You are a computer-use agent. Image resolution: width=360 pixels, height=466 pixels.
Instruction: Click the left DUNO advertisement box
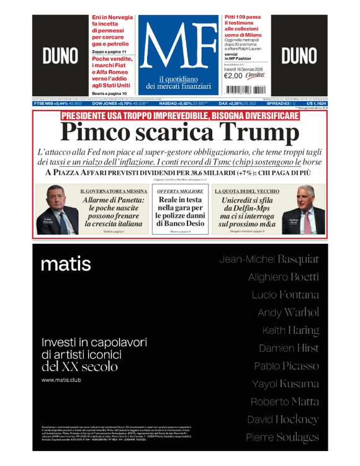tap(60, 56)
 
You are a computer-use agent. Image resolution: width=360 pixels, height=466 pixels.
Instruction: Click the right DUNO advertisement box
tap(299, 56)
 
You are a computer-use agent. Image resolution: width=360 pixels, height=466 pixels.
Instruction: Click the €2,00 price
tap(235, 76)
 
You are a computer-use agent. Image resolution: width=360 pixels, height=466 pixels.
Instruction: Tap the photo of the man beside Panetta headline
tap(58, 211)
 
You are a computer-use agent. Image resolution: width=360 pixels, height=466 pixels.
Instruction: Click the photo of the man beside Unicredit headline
tap(304, 211)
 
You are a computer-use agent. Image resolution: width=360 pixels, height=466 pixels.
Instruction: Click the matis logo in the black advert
tap(66, 264)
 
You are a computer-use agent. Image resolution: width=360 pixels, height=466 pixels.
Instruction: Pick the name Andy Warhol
tap(288, 312)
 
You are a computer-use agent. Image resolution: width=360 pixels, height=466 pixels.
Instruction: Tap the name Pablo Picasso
tap(286, 365)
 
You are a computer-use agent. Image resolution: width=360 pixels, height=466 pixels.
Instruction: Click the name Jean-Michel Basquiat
tap(269, 259)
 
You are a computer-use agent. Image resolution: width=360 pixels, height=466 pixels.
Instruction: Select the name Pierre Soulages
tap(282, 437)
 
